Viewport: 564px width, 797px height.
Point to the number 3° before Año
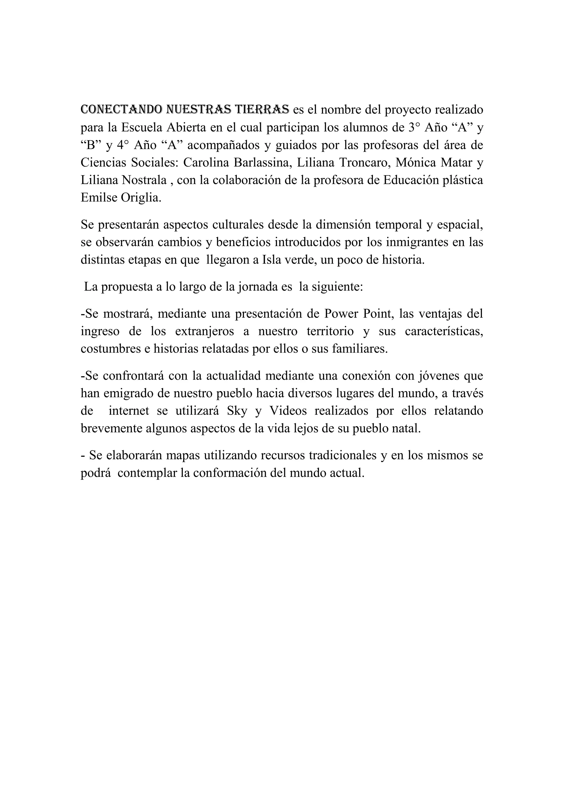click(415, 127)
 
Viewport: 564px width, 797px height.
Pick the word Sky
click(237, 411)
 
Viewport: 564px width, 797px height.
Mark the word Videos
click(288, 411)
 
